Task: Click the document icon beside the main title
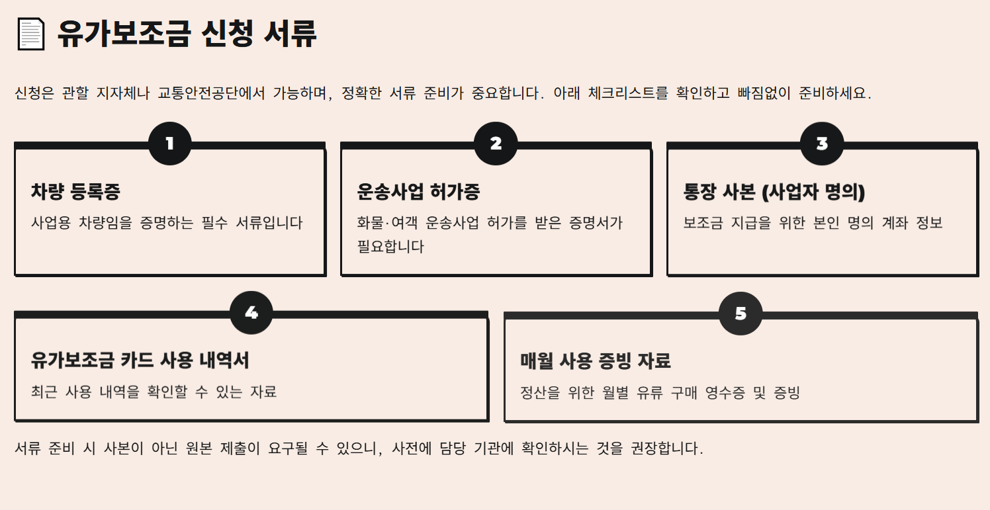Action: [x=30, y=34]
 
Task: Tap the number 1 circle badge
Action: [x=170, y=144]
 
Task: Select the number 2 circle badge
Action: [x=496, y=144]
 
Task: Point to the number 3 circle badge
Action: [x=822, y=144]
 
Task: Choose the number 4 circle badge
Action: [x=251, y=313]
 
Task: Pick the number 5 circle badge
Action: [x=741, y=314]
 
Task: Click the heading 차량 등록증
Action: [x=75, y=192]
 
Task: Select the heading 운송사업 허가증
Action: [x=418, y=192]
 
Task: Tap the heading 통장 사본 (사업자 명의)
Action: [x=774, y=192]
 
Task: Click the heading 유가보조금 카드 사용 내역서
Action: [x=140, y=361]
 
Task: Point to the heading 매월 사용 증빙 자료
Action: [x=596, y=361]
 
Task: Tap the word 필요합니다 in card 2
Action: [x=390, y=247]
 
